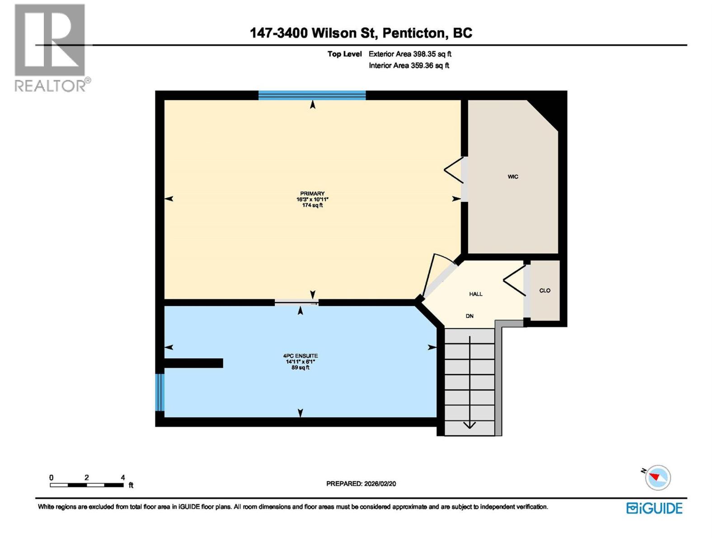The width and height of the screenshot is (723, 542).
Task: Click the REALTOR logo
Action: pyautogui.click(x=51, y=48)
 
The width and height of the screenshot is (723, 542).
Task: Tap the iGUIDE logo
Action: pyautogui.click(x=654, y=508)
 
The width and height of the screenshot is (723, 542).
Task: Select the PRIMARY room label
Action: pyautogui.click(x=312, y=194)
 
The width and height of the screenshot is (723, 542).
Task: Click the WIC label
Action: pyautogui.click(x=513, y=177)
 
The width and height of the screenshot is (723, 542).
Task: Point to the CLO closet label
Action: pyautogui.click(x=545, y=290)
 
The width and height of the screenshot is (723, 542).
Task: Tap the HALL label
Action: pyautogui.click(x=475, y=294)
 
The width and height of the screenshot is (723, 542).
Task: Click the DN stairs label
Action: pyautogui.click(x=469, y=316)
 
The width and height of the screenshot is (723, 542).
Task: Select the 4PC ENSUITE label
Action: pyautogui.click(x=300, y=356)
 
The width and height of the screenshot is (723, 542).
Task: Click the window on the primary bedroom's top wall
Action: pyautogui.click(x=312, y=95)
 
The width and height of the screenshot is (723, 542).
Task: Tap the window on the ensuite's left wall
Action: pyautogui.click(x=160, y=392)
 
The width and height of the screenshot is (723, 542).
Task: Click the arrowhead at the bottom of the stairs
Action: pyautogui.click(x=469, y=425)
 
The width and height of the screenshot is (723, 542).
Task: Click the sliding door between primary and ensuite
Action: pyautogui.click(x=296, y=303)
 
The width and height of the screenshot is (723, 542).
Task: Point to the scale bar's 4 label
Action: pyautogui.click(x=122, y=477)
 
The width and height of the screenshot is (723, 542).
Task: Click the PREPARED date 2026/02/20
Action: pyautogui.click(x=380, y=483)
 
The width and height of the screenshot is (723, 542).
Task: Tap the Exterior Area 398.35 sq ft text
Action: pyautogui.click(x=409, y=54)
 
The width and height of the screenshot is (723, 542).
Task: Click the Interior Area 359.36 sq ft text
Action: pyautogui.click(x=408, y=65)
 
